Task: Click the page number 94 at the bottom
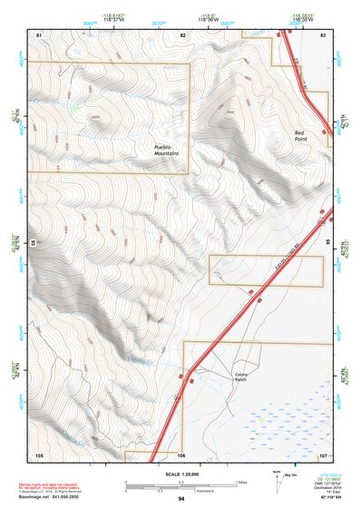point(181,499)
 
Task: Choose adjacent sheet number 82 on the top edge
point(182,34)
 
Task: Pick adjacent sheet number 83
point(324,34)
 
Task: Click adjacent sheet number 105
point(39,454)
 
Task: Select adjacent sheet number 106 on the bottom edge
point(181,454)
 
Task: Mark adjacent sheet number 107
point(324,454)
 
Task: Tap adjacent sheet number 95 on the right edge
point(326,243)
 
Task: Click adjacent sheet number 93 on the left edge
point(36,243)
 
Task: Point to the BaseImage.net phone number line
point(50,497)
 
